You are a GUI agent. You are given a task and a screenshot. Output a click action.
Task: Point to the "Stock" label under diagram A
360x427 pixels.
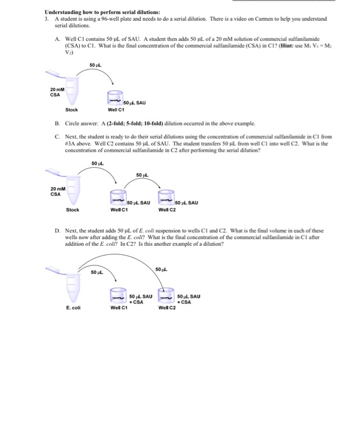pyautogui.click(x=71, y=110)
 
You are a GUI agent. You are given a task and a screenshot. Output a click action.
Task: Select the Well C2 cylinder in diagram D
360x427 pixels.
pyautogui.click(x=166, y=296)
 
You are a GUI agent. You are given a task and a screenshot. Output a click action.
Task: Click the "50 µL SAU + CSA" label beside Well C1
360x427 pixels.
pyautogui.click(x=139, y=298)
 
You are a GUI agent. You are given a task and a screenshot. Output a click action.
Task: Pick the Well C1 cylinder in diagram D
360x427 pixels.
pyautogui.click(x=118, y=296)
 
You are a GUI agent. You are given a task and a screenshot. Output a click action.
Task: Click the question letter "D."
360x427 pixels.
pyautogui.click(x=57, y=232)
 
